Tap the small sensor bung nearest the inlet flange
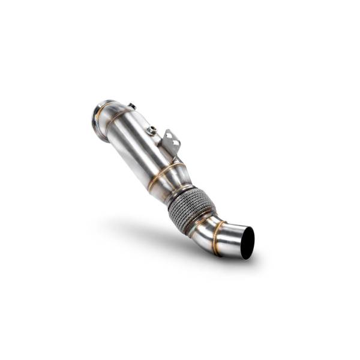(132, 107)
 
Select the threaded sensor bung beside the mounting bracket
(153, 130)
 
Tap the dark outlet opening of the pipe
(247, 243)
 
